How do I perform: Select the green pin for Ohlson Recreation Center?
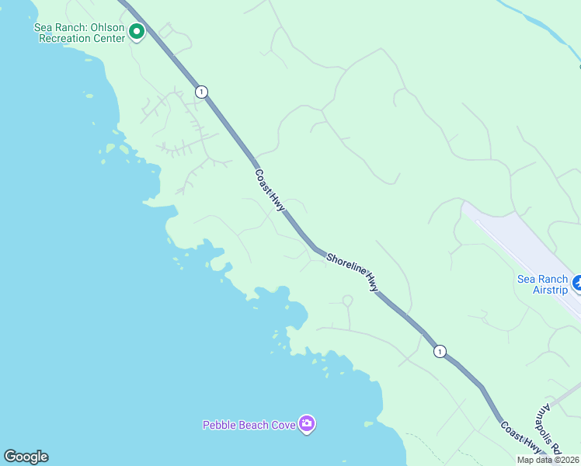pyautogui.click(x=137, y=32)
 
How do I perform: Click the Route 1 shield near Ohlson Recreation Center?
pyautogui.click(x=202, y=92)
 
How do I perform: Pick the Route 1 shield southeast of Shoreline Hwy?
pyautogui.click(x=440, y=351)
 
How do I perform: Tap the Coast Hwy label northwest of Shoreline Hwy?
pyautogui.click(x=270, y=190)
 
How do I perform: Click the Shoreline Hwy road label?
pyautogui.click(x=352, y=272)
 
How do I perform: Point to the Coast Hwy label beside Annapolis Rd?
pyautogui.click(x=520, y=436)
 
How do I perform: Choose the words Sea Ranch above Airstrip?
pyautogui.click(x=543, y=279)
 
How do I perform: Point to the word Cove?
pyautogui.click(x=282, y=425)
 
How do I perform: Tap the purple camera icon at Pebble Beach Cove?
pyautogui.click(x=307, y=424)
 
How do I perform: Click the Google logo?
pyautogui.click(x=26, y=457)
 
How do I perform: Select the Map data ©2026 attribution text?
pyautogui.click(x=548, y=460)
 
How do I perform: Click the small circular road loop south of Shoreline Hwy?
pyautogui.click(x=347, y=301)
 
